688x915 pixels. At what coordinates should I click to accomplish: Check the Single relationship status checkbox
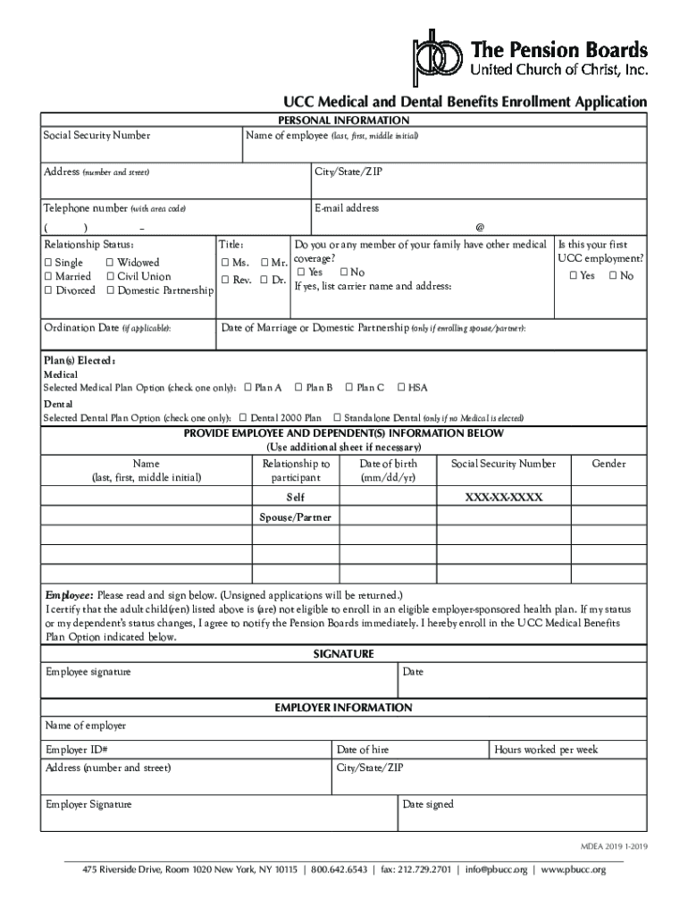pos(48,263)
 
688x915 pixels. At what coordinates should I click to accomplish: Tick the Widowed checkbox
pos(110,263)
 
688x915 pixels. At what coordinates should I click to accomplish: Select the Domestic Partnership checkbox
pos(110,291)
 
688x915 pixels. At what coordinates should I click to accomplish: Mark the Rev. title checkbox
pos(224,281)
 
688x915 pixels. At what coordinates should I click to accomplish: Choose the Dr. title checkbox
pos(264,281)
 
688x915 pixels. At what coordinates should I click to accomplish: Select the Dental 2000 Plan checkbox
pos(242,417)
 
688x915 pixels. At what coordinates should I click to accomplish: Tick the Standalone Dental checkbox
pos(337,417)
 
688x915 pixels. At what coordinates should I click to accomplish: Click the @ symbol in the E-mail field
pos(479,228)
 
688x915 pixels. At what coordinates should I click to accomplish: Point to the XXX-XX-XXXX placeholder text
pos(503,497)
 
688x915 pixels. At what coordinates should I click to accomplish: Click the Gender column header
pos(608,464)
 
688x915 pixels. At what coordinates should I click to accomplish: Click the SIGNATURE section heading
pos(343,654)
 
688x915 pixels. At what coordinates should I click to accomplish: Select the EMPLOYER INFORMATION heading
pos(343,708)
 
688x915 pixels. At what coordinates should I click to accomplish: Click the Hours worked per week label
pos(546,750)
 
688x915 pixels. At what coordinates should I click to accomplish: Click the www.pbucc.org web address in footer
pos(573,869)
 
